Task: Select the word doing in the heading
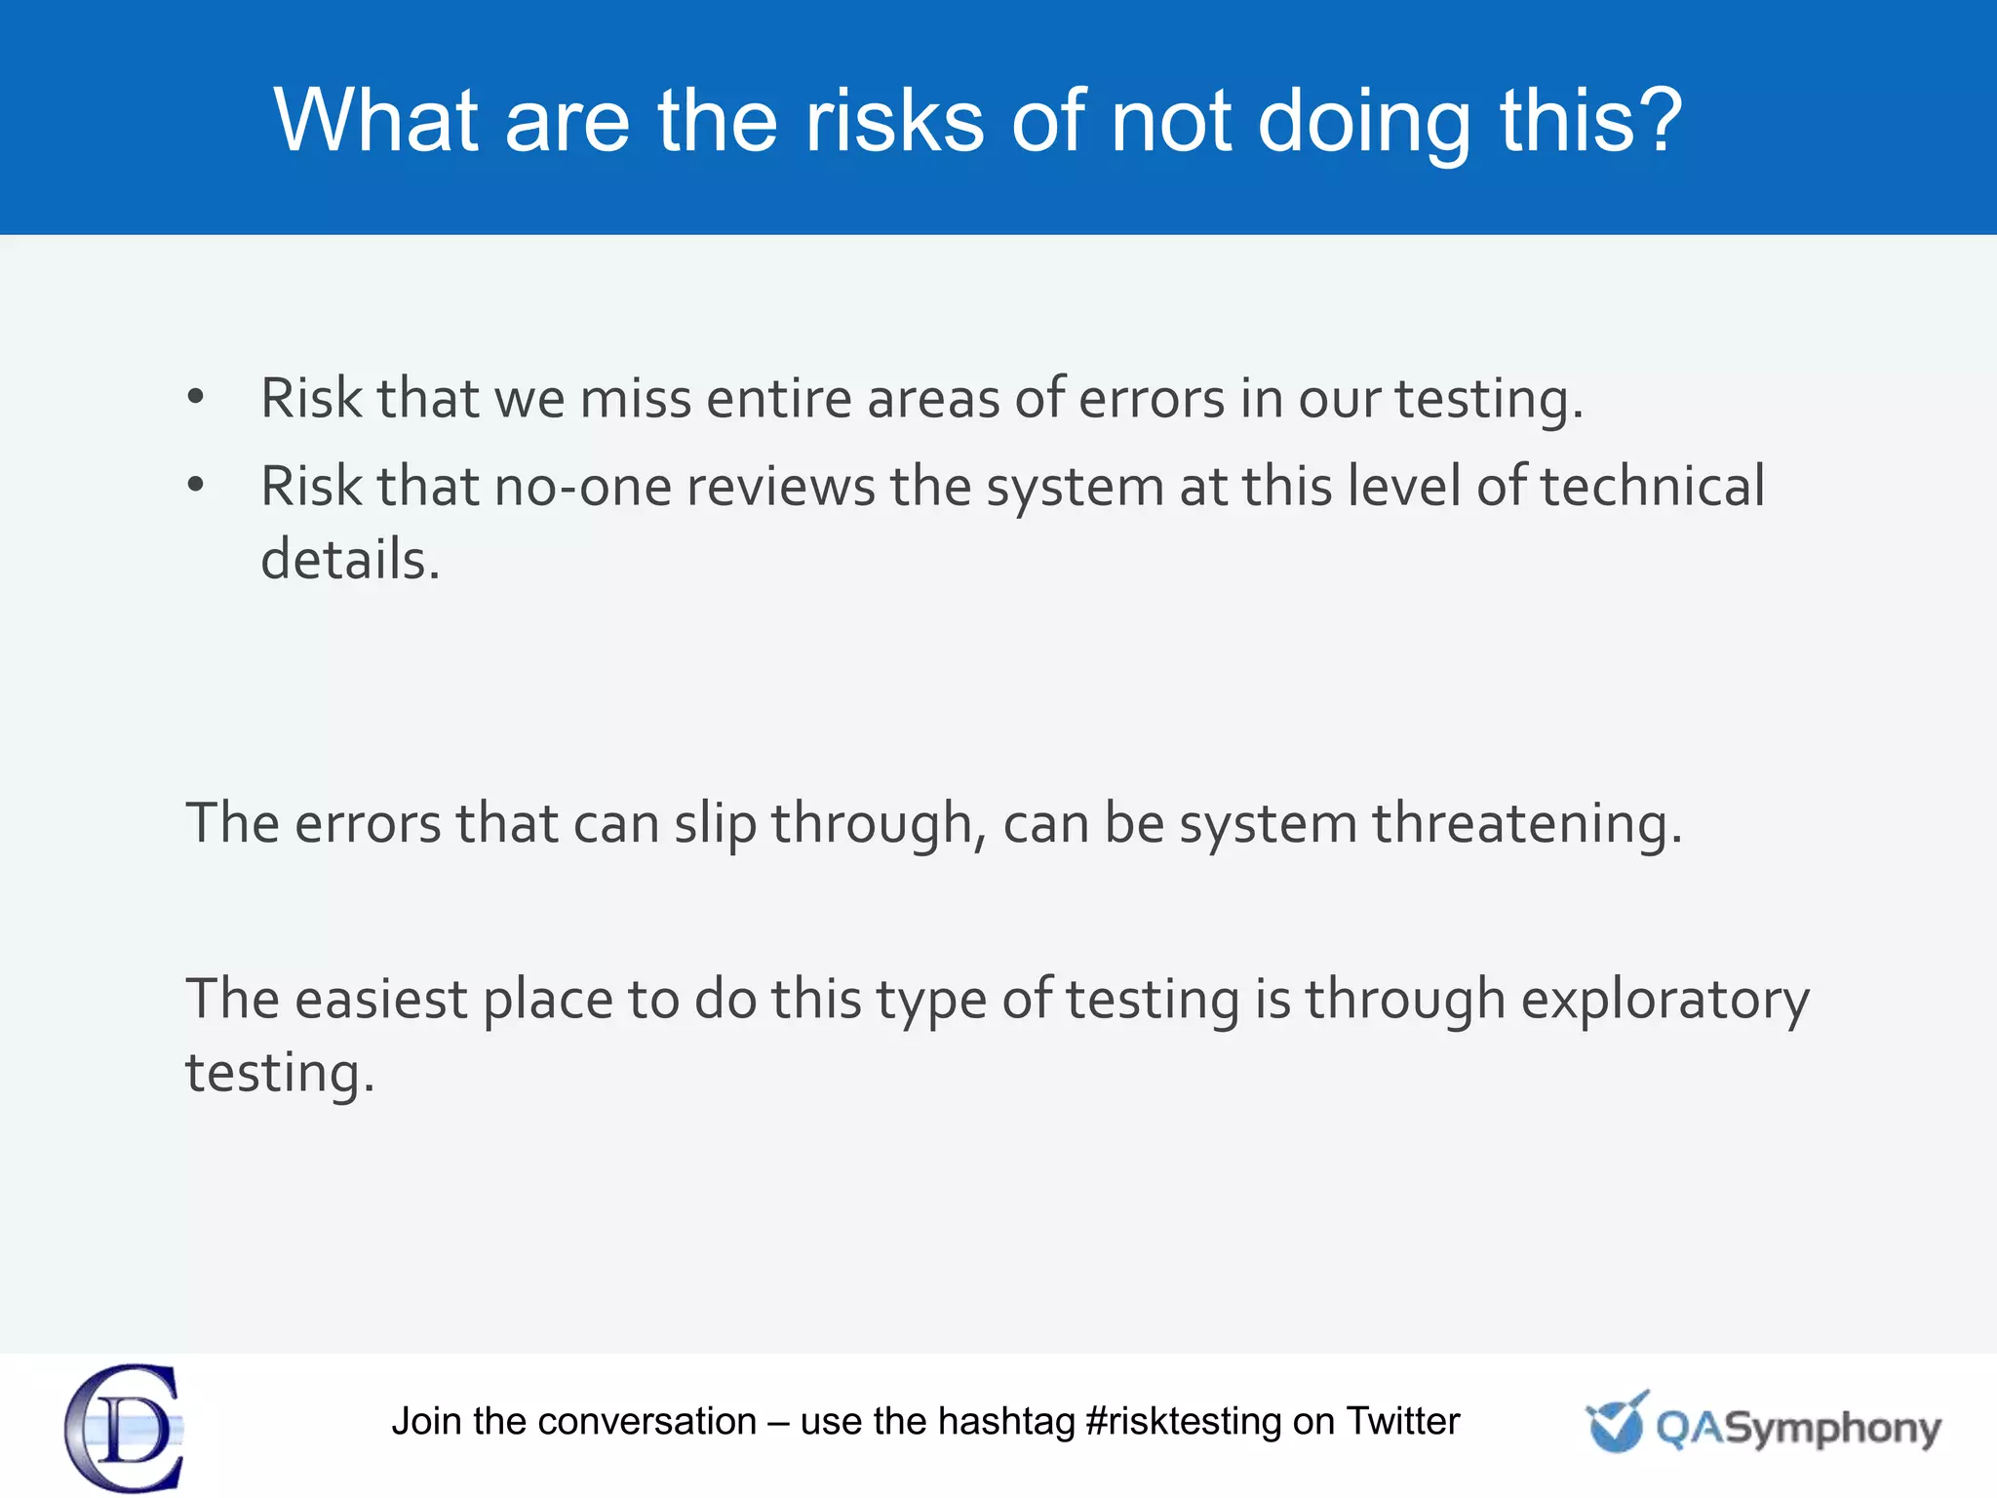click(1363, 122)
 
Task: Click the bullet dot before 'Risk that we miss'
click(196, 396)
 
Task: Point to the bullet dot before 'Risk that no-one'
click(196, 484)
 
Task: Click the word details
click(350, 559)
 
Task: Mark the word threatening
click(1527, 824)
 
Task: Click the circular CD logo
click(125, 1428)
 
